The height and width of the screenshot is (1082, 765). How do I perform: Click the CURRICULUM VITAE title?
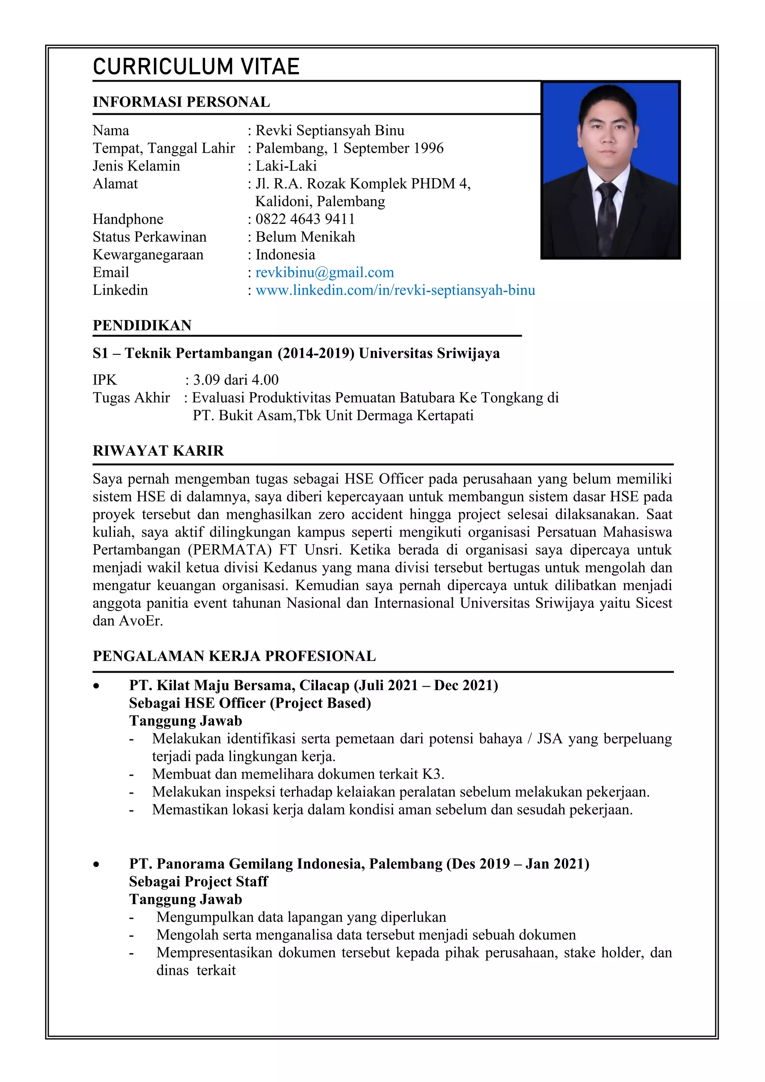click(196, 67)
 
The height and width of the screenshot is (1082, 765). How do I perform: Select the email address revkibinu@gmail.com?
click(325, 272)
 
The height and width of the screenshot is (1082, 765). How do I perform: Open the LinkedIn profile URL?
click(395, 290)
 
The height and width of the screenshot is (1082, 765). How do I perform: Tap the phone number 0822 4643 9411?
click(305, 219)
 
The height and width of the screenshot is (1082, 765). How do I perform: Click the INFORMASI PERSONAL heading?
click(182, 102)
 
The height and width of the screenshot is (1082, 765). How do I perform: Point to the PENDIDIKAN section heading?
click(142, 325)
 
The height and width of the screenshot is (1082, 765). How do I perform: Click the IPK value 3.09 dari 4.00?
click(236, 380)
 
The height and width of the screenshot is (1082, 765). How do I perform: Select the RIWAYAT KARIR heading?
click(158, 451)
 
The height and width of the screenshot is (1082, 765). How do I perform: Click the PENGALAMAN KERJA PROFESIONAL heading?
click(234, 656)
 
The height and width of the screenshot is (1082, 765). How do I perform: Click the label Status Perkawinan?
click(149, 237)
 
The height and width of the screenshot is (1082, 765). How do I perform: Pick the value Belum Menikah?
click(305, 237)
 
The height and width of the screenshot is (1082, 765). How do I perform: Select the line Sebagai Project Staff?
click(198, 881)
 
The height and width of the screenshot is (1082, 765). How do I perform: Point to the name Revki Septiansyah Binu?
click(330, 130)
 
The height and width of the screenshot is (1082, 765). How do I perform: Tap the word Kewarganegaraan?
click(148, 255)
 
